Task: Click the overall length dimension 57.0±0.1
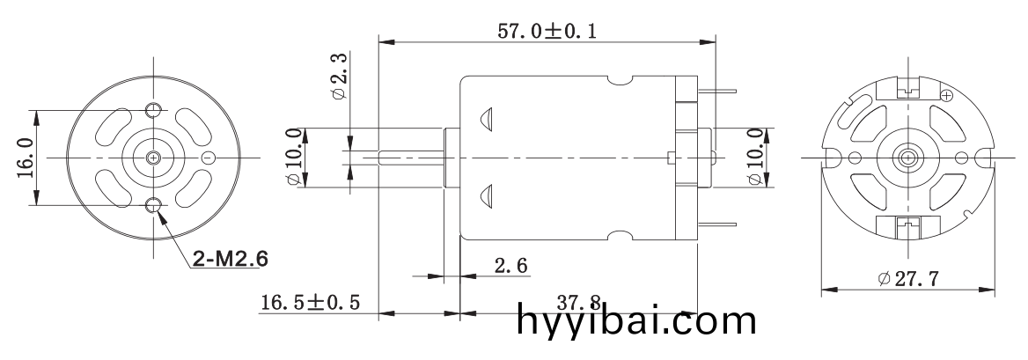coord(547,31)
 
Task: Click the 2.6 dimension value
coord(510,265)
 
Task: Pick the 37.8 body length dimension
coord(582,302)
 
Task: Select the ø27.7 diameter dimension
coord(907,279)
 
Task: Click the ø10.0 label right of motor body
coord(756,158)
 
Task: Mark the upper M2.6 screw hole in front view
coord(154,108)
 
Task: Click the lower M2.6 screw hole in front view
coord(154,206)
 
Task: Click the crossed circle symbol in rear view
coord(947,94)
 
